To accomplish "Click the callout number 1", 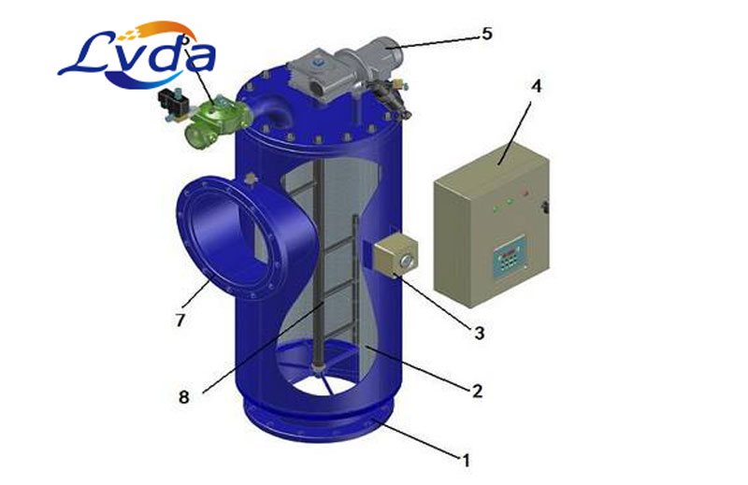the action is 466,460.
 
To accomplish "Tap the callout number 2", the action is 477,391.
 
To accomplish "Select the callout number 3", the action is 479,333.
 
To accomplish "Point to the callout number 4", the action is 537,86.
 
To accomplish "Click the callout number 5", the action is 486,34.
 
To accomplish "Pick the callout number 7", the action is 180,320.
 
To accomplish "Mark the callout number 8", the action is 183,396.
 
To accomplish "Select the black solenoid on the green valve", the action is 172,104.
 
